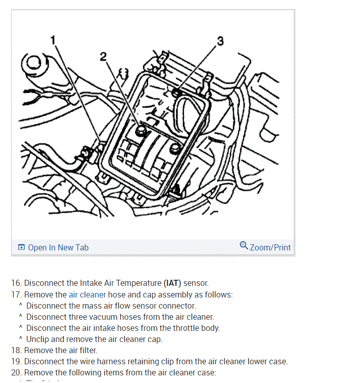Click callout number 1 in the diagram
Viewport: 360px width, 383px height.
point(53,39)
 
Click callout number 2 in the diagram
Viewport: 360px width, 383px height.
point(103,57)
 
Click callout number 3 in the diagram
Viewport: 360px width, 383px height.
point(219,41)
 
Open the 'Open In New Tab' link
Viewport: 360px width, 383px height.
point(58,247)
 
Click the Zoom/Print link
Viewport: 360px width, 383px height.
point(270,247)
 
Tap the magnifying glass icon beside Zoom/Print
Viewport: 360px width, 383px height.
point(244,246)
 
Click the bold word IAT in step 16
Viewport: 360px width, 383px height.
point(172,283)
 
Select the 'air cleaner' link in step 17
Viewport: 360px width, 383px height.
point(87,294)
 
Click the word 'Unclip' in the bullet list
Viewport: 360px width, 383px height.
point(38,339)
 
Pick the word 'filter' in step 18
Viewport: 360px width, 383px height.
point(86,350)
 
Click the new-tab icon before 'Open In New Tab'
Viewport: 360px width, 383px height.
point(21,247)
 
